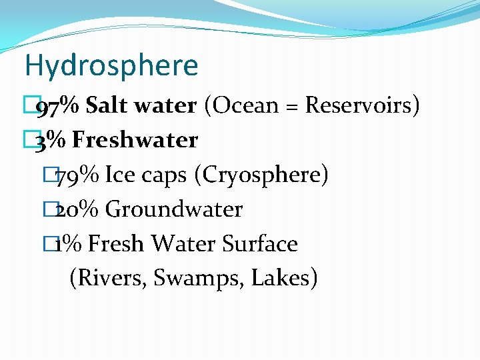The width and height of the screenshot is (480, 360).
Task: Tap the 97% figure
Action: (x=59, y=105)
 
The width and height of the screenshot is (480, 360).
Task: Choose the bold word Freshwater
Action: (x=135, y=140)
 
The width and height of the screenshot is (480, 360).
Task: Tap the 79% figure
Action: (x=77, y=175)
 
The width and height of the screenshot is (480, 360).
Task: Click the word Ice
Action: (x=121, y=175)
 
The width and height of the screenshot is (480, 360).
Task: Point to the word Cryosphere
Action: (x=262, y=175)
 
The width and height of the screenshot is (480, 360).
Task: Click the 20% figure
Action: (x=77, y=209)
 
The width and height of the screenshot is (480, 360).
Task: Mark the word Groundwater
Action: (x=174, y=209)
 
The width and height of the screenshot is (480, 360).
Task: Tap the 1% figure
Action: (x=69, y=244)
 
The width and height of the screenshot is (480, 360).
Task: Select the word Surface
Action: (x=259, y=244)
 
